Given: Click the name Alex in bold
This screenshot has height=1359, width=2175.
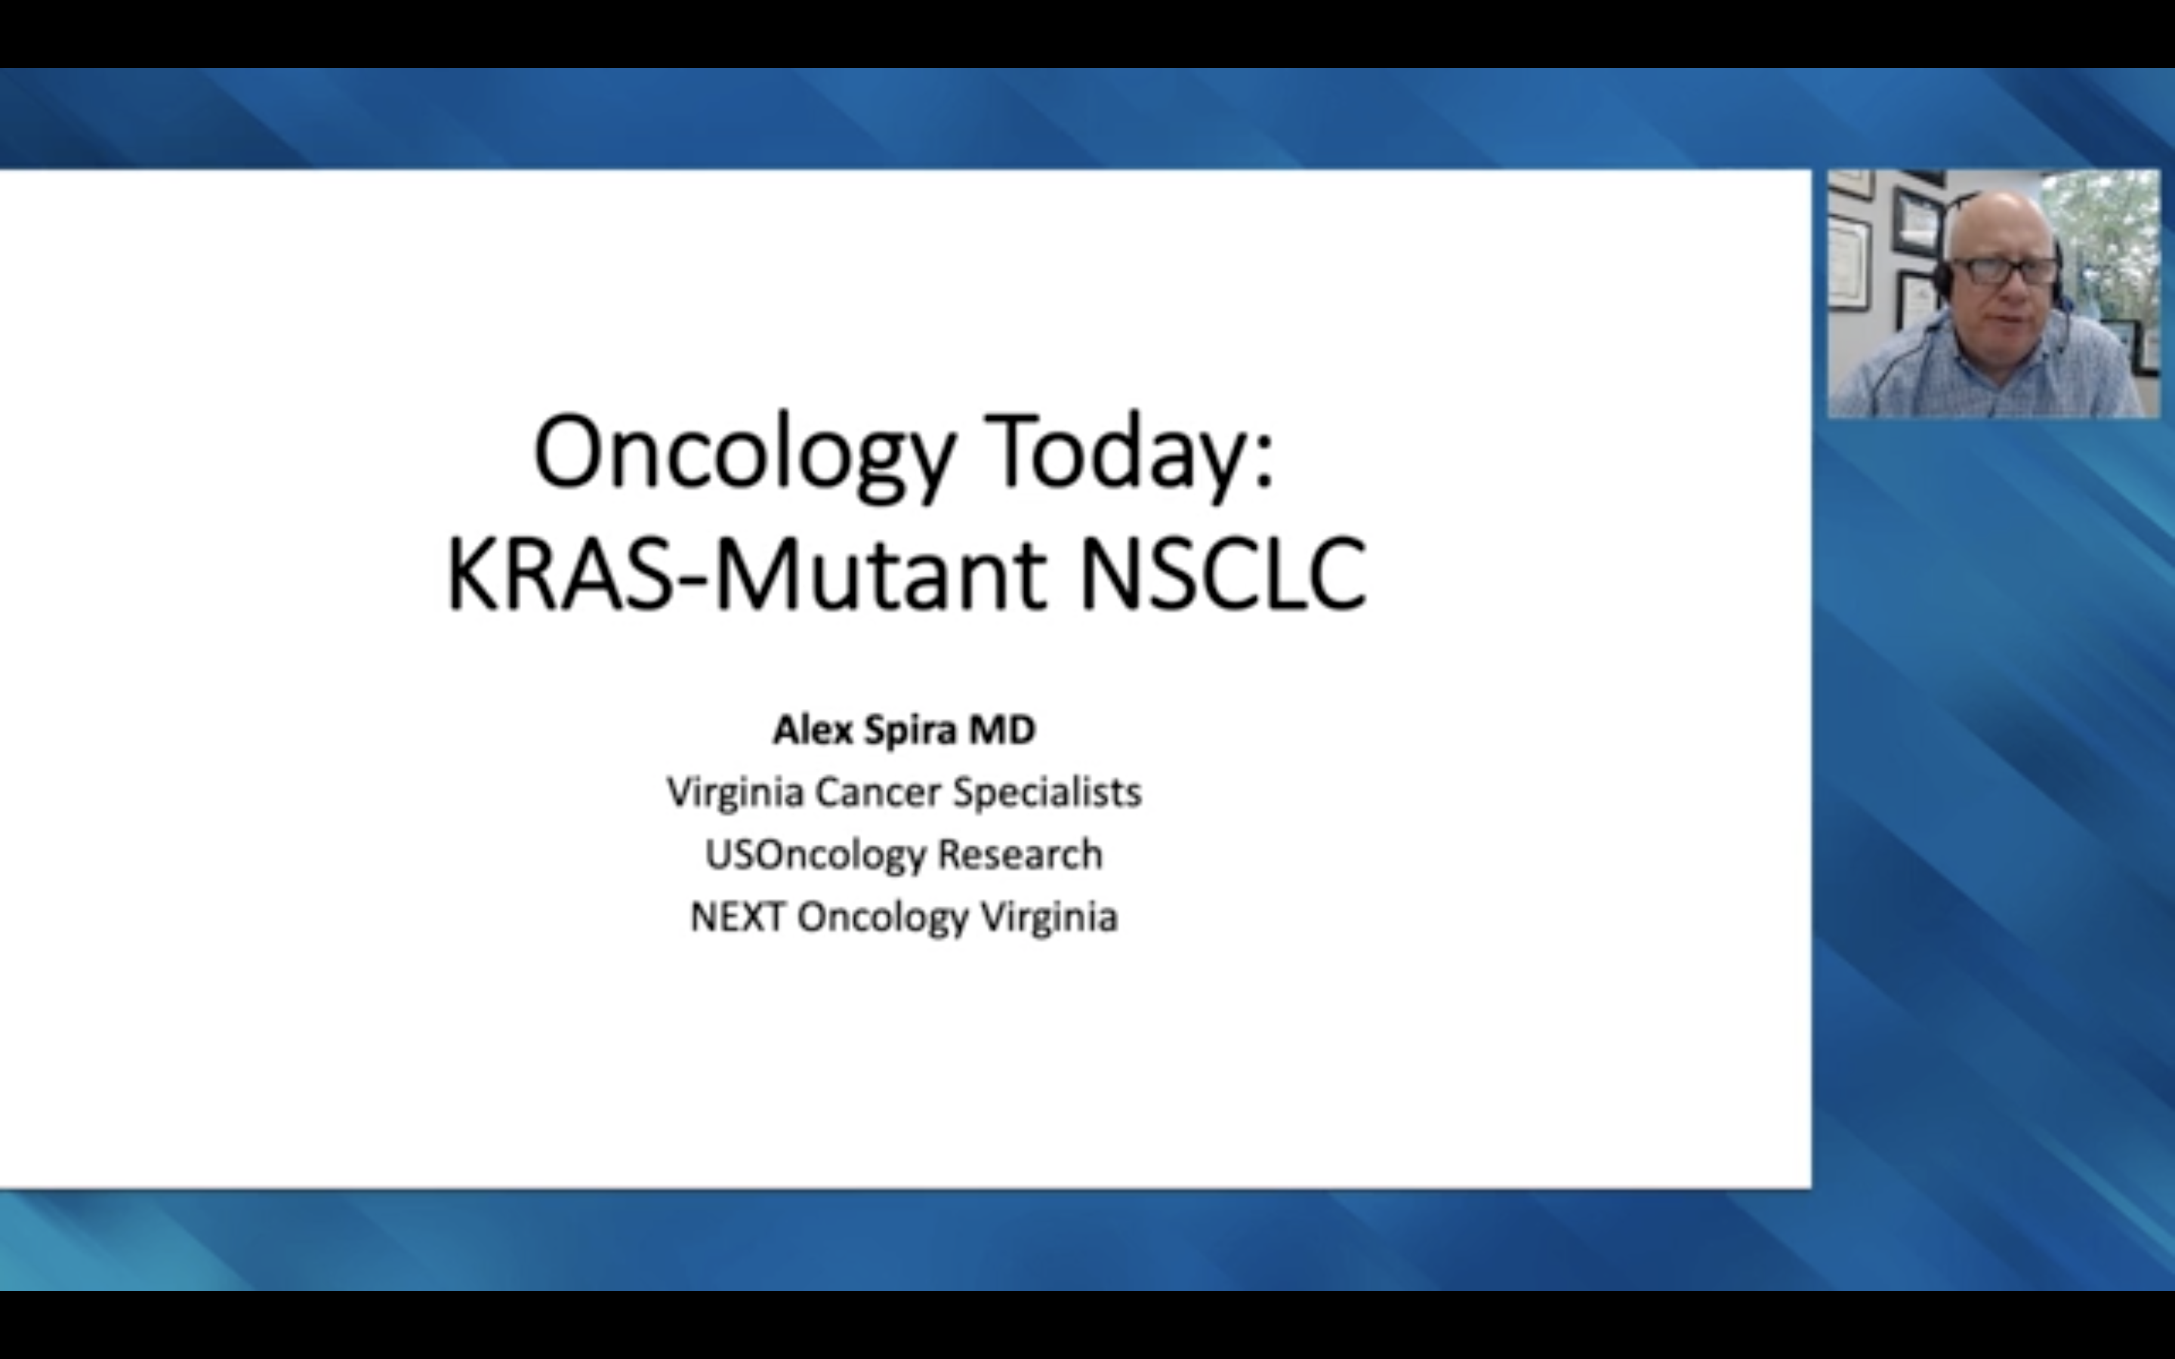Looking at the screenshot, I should pos(813,730).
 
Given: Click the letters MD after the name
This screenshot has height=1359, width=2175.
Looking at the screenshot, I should pos(1001,730).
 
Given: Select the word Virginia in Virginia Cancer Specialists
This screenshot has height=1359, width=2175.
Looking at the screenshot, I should pos(734,793).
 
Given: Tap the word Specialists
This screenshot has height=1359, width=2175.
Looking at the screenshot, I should pos(1047,793).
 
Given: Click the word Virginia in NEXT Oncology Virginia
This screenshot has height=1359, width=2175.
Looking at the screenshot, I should pos(1049,917).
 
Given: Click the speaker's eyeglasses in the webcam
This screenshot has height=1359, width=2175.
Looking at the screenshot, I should pos(2004,270).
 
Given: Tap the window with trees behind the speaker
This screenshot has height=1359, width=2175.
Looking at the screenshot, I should pos(2108,242).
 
